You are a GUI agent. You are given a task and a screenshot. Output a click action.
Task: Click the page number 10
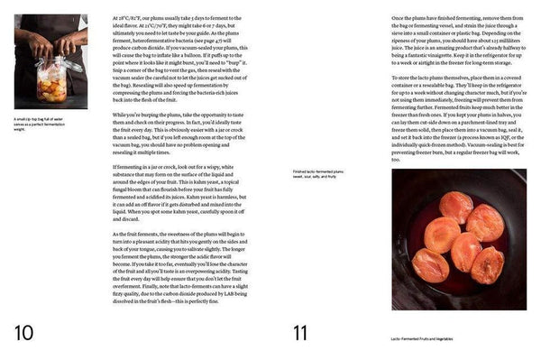point(22,333)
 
